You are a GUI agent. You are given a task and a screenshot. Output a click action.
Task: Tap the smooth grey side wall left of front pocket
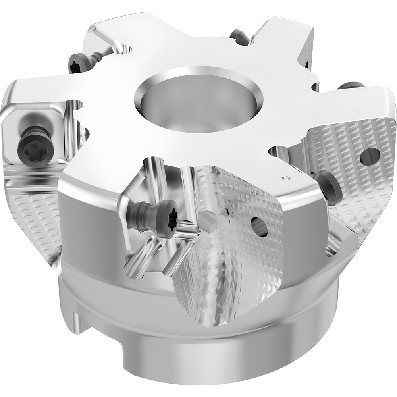pyautogui.click(x=87, y=222)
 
